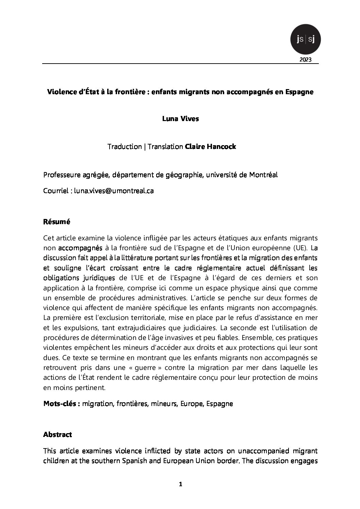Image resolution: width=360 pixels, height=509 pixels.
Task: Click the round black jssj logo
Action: [x=306, y=40]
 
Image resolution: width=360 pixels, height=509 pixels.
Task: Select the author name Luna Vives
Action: [x=180, y=119]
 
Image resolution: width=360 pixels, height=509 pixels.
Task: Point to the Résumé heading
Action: [x=56, y=222]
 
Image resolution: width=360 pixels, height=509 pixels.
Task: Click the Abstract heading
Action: [x=58, y=435]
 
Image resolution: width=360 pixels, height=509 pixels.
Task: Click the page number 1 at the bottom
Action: [x=180, y=494]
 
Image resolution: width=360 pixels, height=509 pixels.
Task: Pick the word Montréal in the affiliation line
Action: [x=263, y=175]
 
